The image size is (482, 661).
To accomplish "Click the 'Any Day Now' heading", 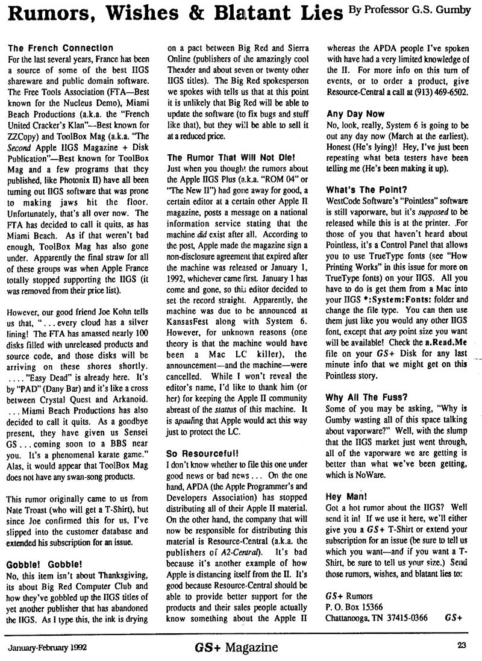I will [355, 113].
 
